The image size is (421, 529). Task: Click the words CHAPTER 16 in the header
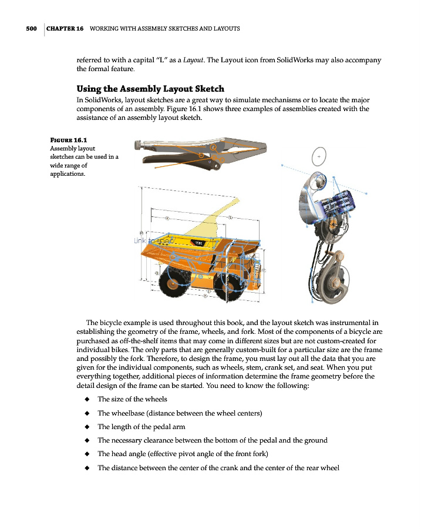65,29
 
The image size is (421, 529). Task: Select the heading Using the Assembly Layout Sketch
150,89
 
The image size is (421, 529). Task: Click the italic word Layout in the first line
194,60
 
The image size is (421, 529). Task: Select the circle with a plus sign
319,157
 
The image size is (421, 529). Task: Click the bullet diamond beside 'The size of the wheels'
87,399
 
